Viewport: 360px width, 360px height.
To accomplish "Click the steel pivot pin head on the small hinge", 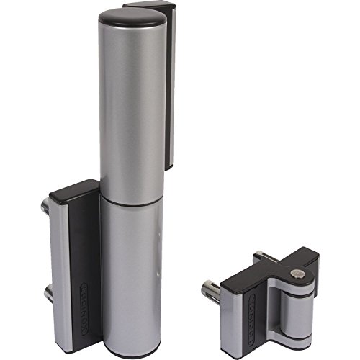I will coord(296,272).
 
